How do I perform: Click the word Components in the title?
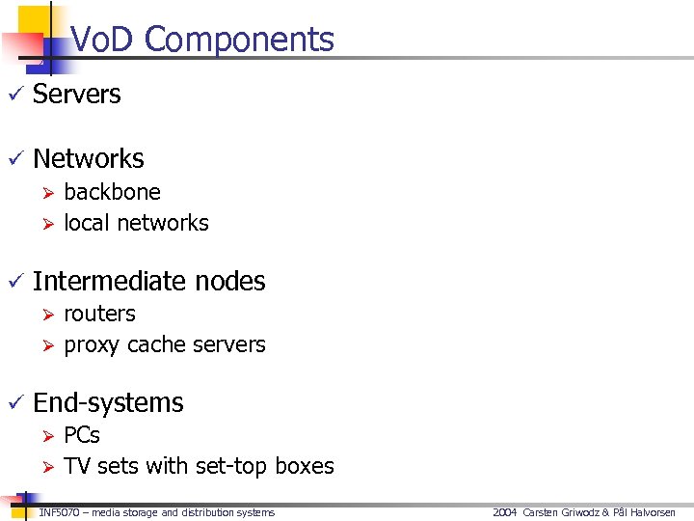coord(240,40)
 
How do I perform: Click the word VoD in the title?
coord(104,40)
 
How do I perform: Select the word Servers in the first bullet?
coord(77,95)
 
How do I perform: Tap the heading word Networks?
coord(89,159)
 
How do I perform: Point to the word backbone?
coord(112,192)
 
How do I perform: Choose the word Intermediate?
coord(108,281)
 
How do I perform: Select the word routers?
coord(99,314)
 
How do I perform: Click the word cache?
coord(154,344)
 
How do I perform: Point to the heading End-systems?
coord(108,402)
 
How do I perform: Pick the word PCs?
coord(82,435)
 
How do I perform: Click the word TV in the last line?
coord(77,466)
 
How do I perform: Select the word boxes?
coord(305,466)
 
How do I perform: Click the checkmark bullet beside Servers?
coord(13,95)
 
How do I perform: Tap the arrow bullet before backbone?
coord(44,193)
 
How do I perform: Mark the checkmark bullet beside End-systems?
coord(13,403)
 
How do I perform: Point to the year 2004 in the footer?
coord(505,512)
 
